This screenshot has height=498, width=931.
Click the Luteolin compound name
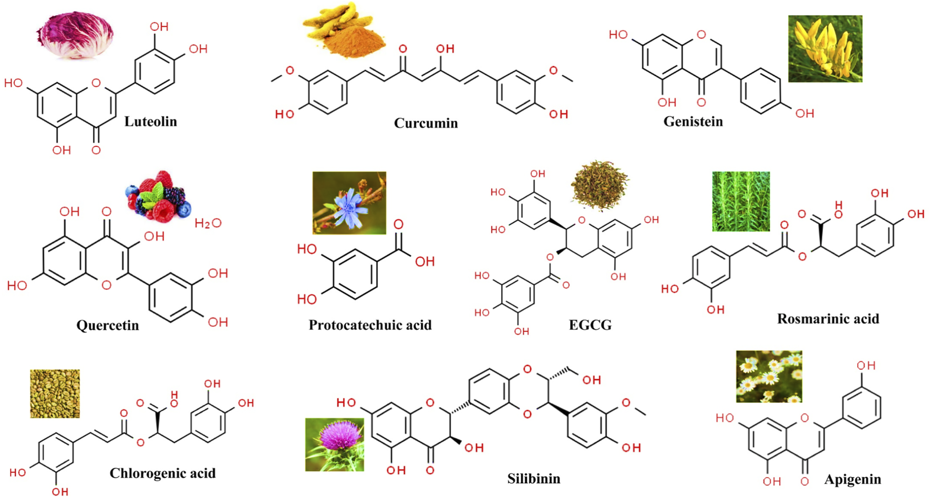150,121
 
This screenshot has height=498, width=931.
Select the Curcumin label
426,123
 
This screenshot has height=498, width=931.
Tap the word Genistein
693,121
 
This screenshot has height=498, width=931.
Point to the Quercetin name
108,325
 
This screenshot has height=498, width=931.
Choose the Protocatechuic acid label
370,325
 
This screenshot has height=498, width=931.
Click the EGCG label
590,325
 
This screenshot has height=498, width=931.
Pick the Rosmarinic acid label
827,319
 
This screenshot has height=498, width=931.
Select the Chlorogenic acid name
162,473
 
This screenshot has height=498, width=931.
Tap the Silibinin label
533,479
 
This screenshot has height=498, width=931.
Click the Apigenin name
852,479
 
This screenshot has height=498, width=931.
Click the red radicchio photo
76,35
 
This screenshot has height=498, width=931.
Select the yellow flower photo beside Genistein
825,48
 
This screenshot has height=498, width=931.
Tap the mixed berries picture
158,196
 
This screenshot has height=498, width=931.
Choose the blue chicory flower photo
349,202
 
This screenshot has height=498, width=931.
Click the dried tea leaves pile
600,186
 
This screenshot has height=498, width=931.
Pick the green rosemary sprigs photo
741,201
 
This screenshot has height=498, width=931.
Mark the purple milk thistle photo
334,444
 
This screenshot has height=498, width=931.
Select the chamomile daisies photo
769,377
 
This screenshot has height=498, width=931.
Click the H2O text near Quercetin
208,223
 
